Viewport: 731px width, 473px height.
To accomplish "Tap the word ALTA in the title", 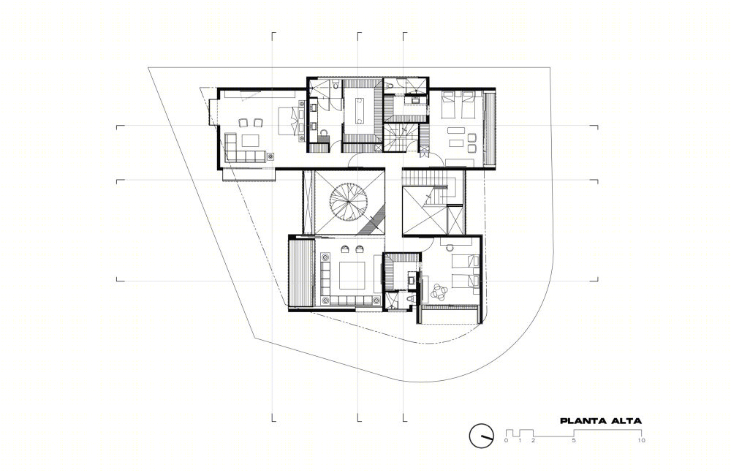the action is click(626, 421).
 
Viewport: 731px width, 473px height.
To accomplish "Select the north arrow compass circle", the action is click(481, 435).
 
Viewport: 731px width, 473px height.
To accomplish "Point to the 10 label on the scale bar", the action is click(642, 440).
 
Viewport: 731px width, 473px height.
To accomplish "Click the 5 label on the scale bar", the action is click(574, 440).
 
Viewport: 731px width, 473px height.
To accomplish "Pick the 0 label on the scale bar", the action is click(507, 440).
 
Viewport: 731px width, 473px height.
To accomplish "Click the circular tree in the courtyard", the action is click(348, 202).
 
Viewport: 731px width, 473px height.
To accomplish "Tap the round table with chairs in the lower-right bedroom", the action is click(439, 292).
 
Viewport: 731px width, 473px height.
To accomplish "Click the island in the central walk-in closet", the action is click(360, 110).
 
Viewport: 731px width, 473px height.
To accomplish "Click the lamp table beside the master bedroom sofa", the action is click(270, 156).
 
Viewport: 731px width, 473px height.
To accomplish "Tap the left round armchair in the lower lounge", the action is click(345, 249).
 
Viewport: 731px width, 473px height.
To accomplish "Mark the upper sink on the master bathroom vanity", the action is click(314, 107).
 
